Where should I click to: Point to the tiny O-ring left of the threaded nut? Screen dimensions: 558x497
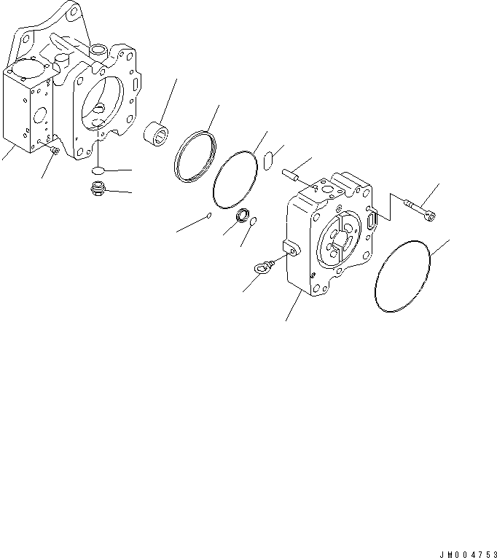point(208,216)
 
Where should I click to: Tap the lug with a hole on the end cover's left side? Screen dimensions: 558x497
point(291,248)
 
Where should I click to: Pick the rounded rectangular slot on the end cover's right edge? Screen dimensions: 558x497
point(373,216)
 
